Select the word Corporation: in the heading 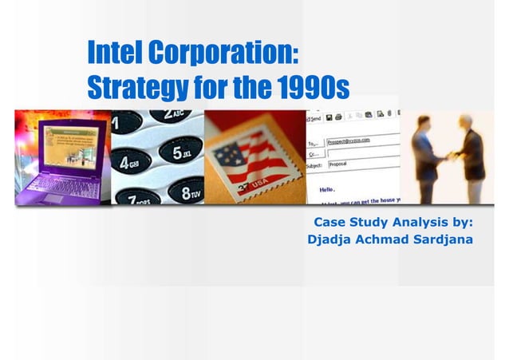226,53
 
